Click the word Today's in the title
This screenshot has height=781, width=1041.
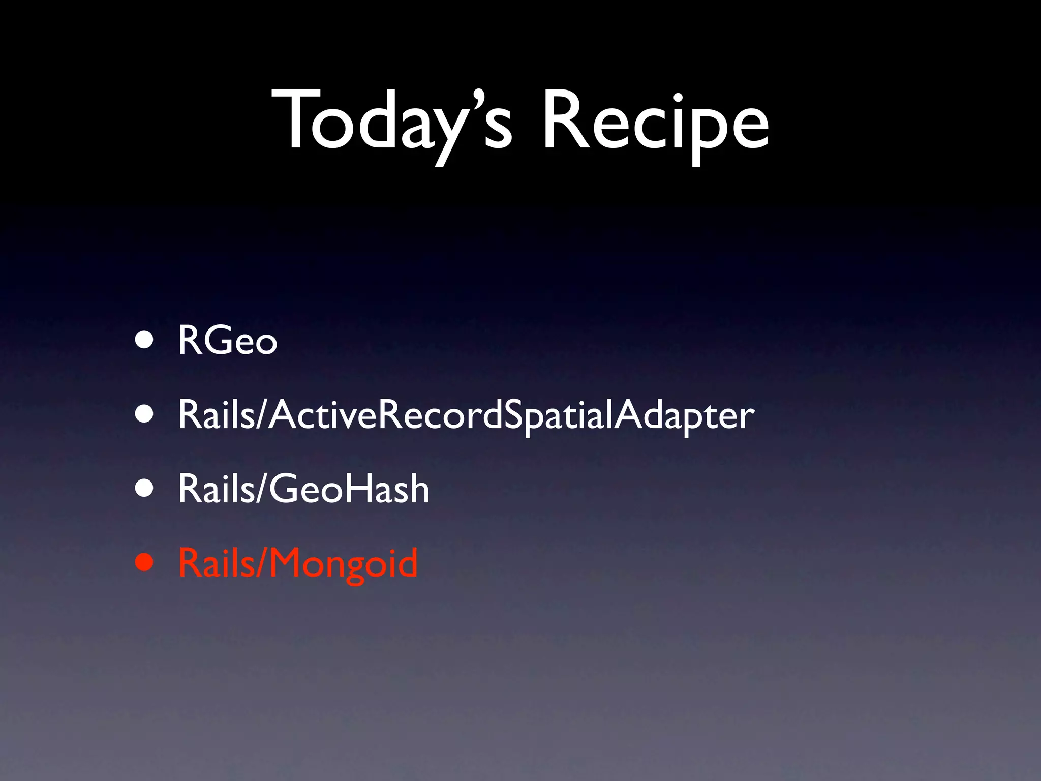[391, 122]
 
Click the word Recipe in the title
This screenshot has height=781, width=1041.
[656, 122]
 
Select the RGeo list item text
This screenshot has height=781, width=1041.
[227, 340]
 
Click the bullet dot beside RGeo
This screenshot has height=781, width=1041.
[144, 340]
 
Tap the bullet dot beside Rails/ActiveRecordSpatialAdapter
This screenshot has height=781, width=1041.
[144, 414]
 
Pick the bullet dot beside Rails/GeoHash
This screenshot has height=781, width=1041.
[144, 488]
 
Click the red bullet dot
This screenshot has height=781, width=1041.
[144, 562]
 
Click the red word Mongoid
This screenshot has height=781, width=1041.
[343, 563]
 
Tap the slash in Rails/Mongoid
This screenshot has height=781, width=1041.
[262, 563]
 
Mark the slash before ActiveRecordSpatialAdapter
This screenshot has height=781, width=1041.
[262, 415]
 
